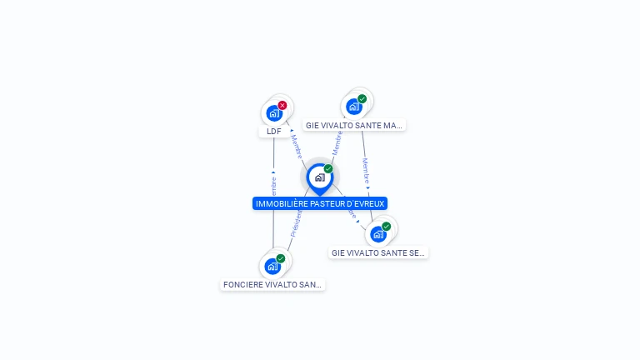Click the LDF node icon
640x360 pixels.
point(273,113)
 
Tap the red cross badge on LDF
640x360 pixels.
point(282,105)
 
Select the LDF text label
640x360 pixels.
point(273,132)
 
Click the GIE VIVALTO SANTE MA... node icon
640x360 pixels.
point(353,107)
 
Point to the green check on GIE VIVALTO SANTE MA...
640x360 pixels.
point(362,98)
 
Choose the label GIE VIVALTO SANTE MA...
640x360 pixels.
point(354,126)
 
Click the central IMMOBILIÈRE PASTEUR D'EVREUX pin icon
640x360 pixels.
point(319,177)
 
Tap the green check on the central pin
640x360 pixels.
point(328,169)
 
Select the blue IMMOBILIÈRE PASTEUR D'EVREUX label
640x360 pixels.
point(320,203)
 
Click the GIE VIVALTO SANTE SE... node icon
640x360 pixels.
point(377,234)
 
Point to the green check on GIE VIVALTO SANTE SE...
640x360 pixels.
point(386,226)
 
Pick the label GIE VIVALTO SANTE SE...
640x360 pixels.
point(378,252)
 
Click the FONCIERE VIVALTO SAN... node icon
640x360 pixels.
point(272,267)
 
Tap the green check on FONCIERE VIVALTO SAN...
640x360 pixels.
point(281,258)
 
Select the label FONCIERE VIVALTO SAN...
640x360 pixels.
point(272,285)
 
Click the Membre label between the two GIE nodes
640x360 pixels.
point(365,172)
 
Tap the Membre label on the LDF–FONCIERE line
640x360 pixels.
point(273,187)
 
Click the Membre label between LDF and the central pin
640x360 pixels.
point(296,146)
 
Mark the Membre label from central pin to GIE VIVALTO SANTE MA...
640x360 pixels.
point(337,142)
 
